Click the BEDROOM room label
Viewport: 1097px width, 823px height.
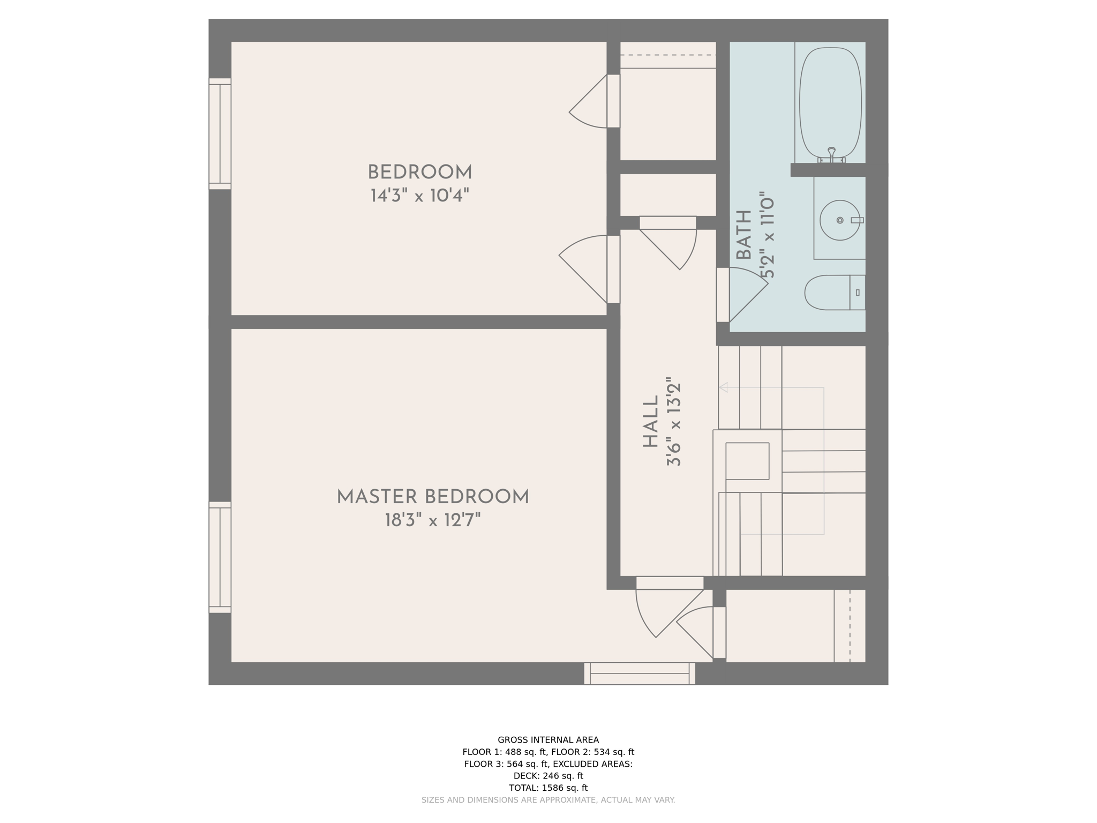pos(419,173)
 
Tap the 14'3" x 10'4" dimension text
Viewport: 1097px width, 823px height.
pos(419,196)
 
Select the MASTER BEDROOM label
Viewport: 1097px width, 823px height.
pos(433,497)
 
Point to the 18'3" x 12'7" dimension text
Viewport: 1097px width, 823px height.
pos(433,520)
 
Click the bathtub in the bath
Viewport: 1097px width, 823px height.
pos(830,102)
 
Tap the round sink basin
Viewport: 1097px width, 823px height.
pos(839,220)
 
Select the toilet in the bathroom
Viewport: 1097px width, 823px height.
pos(833,293)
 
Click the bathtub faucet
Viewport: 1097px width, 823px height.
pos(831,154)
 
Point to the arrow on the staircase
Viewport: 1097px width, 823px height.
pos(724,387)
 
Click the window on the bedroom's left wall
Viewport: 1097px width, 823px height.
pos(220,134)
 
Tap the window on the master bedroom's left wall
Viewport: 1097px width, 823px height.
pos(220,557)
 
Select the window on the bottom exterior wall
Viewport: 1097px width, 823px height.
pos(640,674)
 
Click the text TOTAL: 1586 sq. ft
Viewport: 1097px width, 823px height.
pos(548,788)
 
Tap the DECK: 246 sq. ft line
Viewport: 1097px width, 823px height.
pos(548,776)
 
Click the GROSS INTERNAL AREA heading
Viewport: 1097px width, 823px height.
pos(548,740)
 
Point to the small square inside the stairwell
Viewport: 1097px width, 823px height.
pos(747,461)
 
